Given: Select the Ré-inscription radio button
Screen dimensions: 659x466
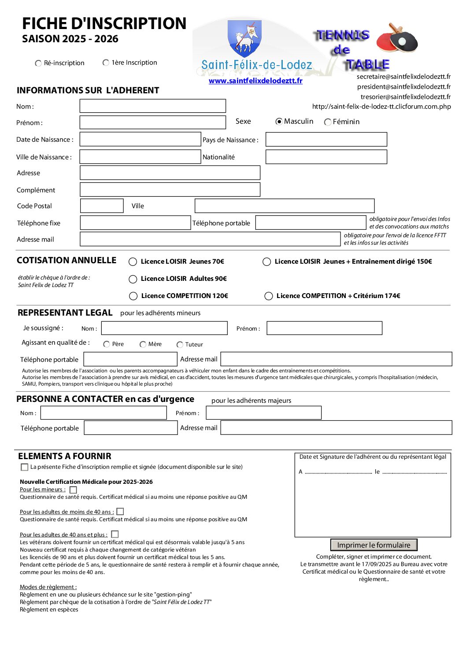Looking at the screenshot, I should (x=38, y=63).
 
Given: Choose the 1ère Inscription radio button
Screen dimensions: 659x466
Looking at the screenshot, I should (x=106, y=63).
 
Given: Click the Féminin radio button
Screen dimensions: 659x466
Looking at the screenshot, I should (x=328, y=122).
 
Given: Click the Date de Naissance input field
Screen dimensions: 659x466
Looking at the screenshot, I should (x=140, y=140).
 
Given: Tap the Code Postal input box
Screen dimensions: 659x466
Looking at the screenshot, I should (x=102, y=206).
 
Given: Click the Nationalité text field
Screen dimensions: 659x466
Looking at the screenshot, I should (x=326, y=157).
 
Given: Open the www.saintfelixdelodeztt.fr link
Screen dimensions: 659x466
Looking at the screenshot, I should (x=255, y=81).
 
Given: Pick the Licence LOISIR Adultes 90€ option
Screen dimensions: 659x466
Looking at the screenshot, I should (x=133, y=279).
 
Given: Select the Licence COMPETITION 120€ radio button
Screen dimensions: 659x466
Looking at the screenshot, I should (x=133, y=296).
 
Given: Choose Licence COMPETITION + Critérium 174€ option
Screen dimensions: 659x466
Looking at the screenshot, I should (x=269, y=296).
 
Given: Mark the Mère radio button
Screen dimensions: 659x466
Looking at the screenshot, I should (x=143, y=345).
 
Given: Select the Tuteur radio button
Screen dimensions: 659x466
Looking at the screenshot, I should (x=180, y=345).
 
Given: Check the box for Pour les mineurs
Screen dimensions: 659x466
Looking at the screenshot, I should (x=74, y=490).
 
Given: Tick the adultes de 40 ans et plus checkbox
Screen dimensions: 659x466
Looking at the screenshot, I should (x=115, y=534).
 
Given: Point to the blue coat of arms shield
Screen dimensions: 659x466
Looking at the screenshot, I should (x=245, y=38).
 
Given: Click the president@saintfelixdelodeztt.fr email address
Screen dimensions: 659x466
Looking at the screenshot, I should (x=403, y=87).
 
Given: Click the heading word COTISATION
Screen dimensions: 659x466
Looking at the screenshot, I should (x=42, y=261).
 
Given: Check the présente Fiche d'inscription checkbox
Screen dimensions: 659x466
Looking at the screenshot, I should (x=25, y=468).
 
